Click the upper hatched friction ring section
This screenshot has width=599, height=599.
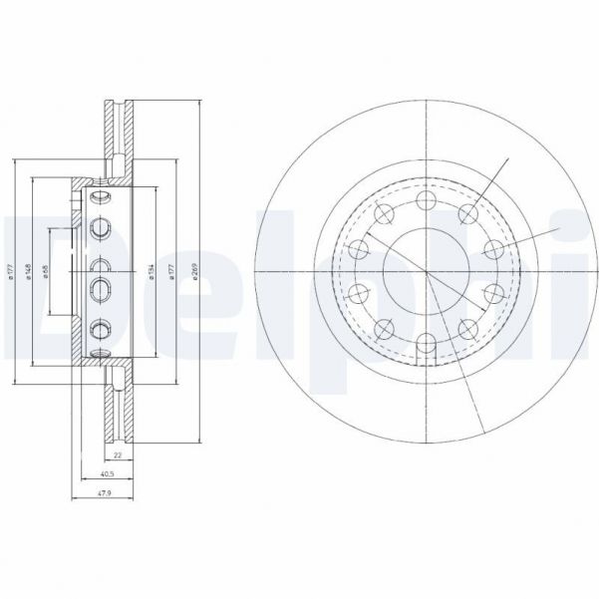[118, 130]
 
